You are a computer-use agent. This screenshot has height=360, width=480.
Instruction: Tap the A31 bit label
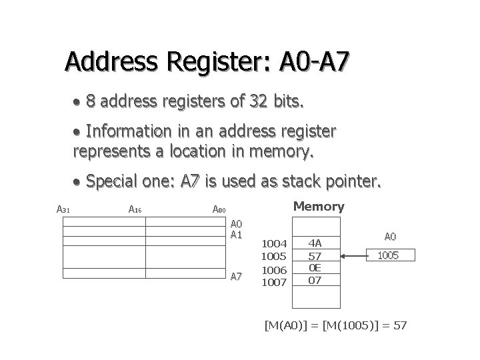tap(64, 209)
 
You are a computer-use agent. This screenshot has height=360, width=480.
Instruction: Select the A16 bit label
tap(135, 209)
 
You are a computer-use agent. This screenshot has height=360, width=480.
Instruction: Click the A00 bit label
tap(219, 210)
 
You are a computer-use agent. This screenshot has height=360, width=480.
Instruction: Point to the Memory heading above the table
tap(319, 207)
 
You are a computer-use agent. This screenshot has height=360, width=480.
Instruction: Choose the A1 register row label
tap(237, 235)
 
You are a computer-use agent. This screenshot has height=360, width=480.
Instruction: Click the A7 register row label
tap(237, 276)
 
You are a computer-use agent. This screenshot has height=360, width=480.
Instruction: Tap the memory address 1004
tap(273, 244)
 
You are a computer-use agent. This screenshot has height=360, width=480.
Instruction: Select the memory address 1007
tap(273, 282)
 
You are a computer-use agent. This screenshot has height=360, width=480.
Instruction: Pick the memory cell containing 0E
tap(315, 268)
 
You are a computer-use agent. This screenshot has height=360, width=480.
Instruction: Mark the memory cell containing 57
tap(315, 256)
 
